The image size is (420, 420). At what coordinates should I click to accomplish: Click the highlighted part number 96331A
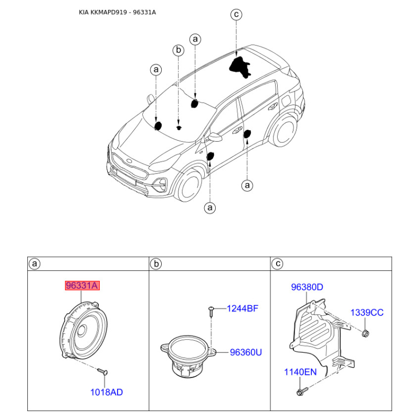(82, 286)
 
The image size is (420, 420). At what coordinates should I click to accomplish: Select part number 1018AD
(107, 392)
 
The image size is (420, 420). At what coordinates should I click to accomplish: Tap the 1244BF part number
(243, 309)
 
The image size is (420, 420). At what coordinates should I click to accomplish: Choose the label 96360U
(246, 352)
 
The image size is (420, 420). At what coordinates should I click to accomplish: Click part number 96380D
(307, 287)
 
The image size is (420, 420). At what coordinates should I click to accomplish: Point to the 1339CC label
(367, 312)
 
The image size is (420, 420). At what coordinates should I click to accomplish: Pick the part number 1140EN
(300, 372)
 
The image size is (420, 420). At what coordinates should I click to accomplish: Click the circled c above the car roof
(236, 14)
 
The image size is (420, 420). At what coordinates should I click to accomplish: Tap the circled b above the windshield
(178, 50)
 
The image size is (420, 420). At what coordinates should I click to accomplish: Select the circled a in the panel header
(35, 264)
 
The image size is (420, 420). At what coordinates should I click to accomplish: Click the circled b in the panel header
(156, 264)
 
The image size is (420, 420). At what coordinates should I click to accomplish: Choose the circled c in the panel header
(278, 264)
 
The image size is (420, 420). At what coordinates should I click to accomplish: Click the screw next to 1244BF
(211, 311)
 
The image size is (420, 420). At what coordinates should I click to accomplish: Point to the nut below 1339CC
(365, 333)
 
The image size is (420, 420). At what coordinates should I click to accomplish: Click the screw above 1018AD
(102, 371)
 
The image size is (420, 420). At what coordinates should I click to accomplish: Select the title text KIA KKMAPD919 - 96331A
(117, 12)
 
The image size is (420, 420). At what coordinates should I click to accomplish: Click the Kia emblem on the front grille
(130, 161)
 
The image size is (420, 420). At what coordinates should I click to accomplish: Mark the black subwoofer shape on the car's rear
(240, 67)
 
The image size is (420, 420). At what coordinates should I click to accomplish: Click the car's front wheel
(188, 185)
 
